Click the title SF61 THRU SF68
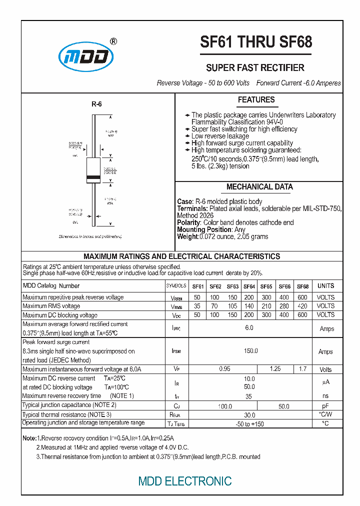[x=255, y=42]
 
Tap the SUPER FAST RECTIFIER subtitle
[x=255, y=68]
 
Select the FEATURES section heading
[x=256, y=100]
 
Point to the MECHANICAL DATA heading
[x=259, y=187]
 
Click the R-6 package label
[x=96, y=104]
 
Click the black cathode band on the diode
[x=94, y=177]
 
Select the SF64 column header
[x=249, y=286]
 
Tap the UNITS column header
[x=325, y=286]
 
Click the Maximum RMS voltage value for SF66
[x=284, y=306]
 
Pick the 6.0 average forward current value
[x=249, y=328]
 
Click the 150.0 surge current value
[x=250, y=351]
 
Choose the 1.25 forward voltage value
[x=275, y=369]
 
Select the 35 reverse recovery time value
[x=249, y=396]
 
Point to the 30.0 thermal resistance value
[x=249, y=415]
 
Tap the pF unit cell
[x=325, y=406]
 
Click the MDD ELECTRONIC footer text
[x=185, y=481]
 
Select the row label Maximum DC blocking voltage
[x=60, y=315]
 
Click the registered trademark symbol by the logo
[x=113, y=42]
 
